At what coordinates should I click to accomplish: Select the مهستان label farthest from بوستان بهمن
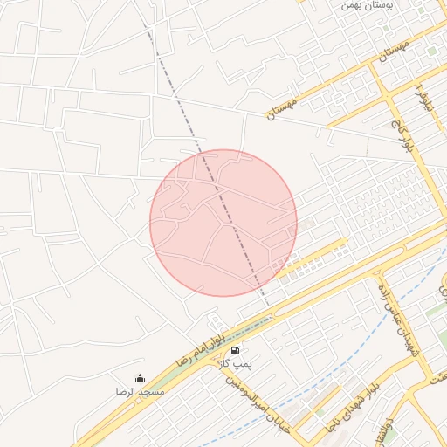click(282, 109)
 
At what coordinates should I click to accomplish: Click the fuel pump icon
click(236, 350)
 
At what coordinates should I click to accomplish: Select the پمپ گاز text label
click(235, 362)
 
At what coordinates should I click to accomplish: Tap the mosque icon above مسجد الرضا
click(141, 379)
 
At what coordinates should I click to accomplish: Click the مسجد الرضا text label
click(141, 392)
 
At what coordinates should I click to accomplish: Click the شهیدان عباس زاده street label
click(395, 318)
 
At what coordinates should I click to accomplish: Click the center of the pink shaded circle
click(223, 223)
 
